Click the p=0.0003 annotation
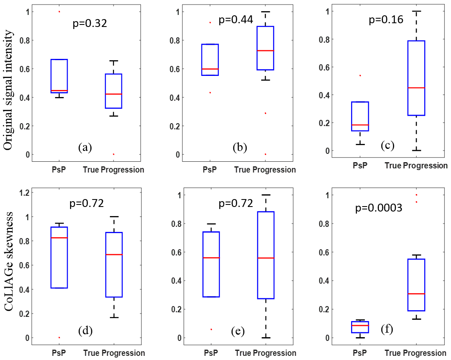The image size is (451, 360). pos(378,208)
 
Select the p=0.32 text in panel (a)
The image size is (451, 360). pos(90,23)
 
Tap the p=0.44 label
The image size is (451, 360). pos(235,20)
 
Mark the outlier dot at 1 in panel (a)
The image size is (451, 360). pos(59,12)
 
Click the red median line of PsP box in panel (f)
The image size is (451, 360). pos(360,326)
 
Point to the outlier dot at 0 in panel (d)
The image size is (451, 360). pos(59,338)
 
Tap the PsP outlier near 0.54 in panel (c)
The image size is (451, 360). pos(360,75)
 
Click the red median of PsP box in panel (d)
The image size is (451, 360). pos(59,238)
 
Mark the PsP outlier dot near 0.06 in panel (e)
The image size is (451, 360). pos(211,329)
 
